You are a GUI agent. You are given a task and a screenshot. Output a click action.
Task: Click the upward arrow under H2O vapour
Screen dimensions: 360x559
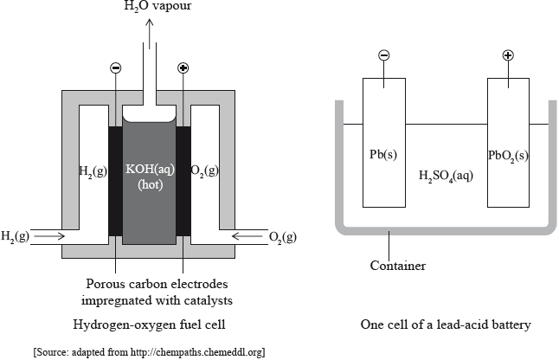151,35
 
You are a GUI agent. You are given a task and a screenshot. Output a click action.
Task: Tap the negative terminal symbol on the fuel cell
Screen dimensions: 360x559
116,67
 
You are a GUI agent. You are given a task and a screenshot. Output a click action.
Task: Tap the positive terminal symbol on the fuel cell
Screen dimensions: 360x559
183,67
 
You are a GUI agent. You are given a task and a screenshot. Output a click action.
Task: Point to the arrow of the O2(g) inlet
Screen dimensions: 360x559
245,235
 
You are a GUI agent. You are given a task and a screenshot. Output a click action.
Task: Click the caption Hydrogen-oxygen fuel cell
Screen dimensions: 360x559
149,325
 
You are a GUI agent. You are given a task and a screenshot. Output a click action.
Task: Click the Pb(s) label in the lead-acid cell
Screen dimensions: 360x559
383,156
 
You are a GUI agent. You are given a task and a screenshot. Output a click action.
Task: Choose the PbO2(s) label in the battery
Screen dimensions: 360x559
509,156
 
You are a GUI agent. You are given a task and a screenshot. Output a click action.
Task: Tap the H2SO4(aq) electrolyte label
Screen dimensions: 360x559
445,176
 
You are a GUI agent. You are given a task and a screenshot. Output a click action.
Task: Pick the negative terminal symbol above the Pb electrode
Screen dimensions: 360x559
383,55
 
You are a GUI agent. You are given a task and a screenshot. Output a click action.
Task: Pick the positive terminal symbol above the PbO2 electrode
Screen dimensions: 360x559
508,55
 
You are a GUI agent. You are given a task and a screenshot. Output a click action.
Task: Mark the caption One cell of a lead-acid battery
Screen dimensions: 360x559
445,325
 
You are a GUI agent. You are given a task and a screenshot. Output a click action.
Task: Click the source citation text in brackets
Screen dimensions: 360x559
148,351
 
